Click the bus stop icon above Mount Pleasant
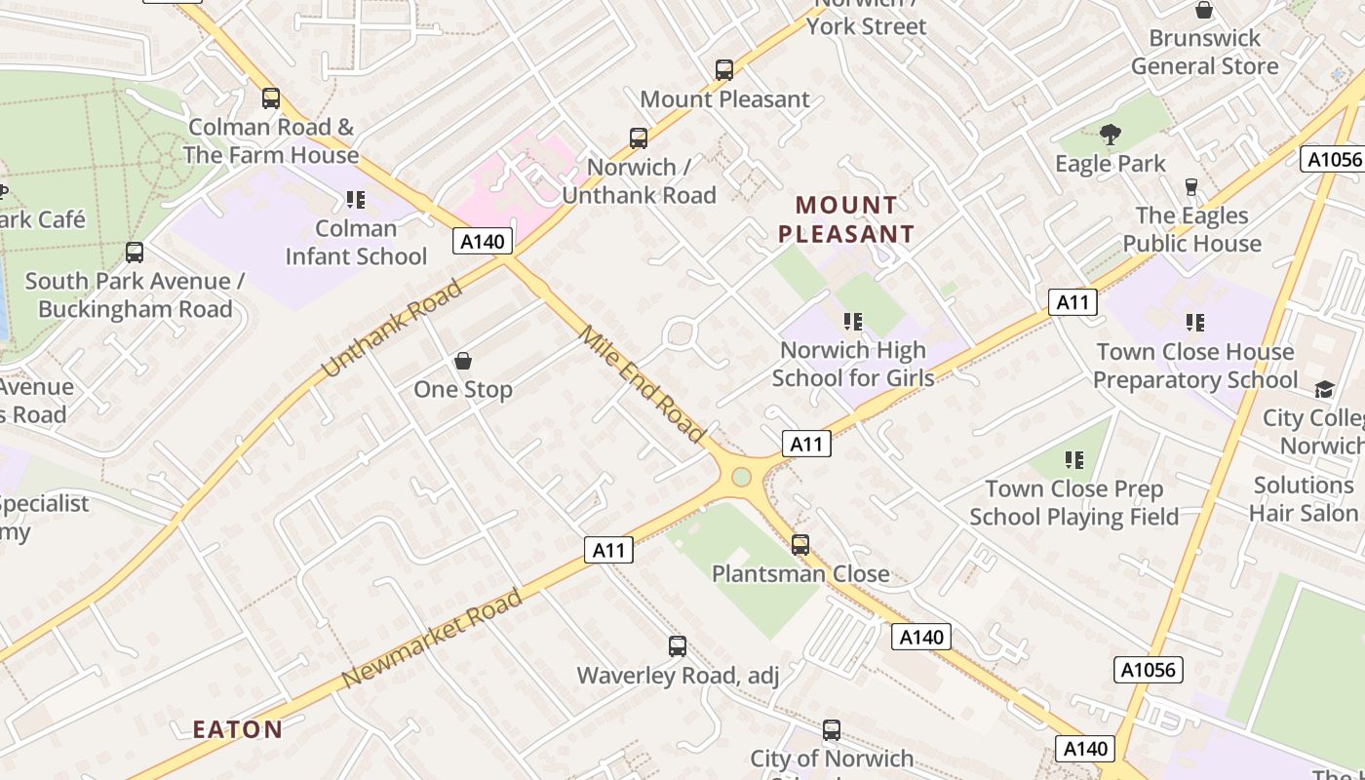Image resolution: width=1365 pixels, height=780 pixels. click(x=723, y=70)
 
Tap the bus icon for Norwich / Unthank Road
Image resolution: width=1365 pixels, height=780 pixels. click(x=639, y=138)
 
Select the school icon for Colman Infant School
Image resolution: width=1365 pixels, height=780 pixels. click(x=356, y=200)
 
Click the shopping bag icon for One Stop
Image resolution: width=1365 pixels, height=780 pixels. click(x=463, y=362)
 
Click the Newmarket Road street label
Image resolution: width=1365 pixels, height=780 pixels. click(x=433, y=638)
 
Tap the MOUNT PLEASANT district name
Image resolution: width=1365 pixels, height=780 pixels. click(x=846, y=219)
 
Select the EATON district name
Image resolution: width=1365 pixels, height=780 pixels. click(x=238, y=729)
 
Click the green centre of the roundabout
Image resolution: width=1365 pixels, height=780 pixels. click(x=741, y=477)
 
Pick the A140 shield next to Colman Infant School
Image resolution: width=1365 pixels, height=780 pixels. click(x=482, y=241)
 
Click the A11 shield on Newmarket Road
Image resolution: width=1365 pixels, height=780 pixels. click(x=609, y=550)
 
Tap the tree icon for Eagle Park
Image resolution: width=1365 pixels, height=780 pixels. click(x=1110, y=135)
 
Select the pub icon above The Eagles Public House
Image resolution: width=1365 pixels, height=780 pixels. click(x=1190, y=186)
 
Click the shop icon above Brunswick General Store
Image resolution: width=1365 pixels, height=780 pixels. click(x=1204, y=11)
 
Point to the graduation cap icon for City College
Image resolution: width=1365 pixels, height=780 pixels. click(x=1324, y=389)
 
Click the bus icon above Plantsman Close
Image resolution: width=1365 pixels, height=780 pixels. click(x=800, y=545)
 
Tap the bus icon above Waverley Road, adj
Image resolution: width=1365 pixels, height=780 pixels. click(x=678, y=646)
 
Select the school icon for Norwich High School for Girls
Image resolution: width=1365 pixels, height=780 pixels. click(x=853, y=321)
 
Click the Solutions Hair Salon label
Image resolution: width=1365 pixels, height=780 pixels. click(x=1304, y=498)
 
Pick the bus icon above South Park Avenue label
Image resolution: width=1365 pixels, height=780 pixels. click(x=135, y=253)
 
